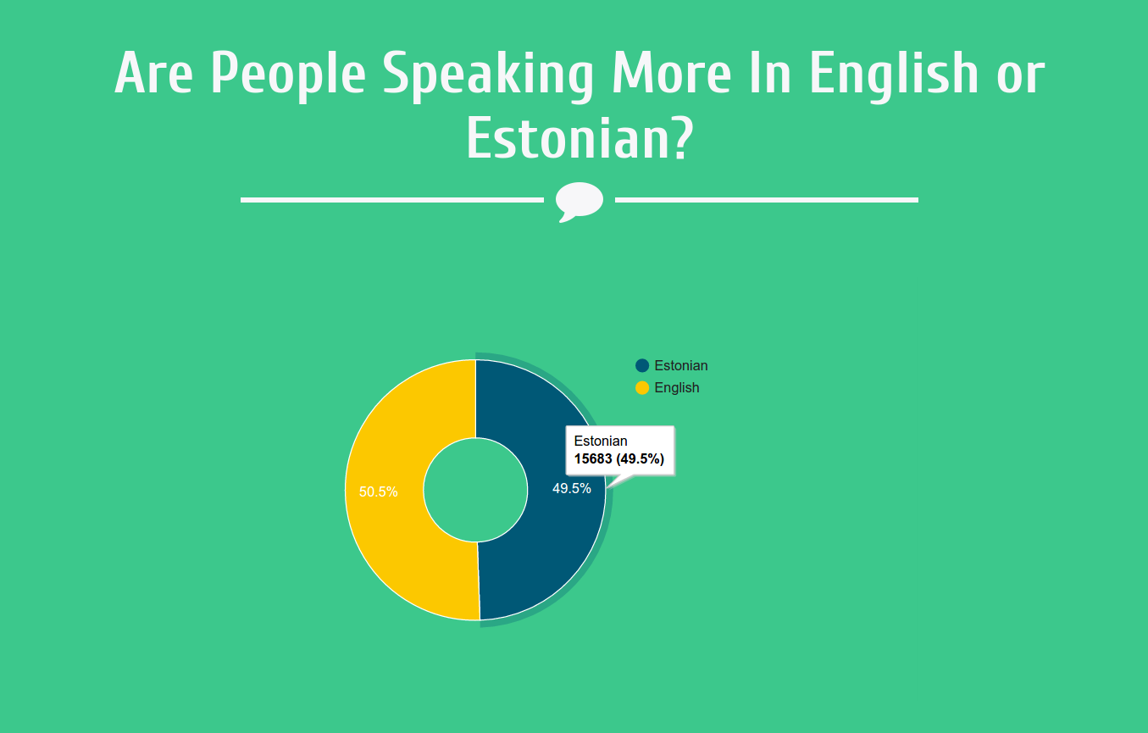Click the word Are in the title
(153, 73)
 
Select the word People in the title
(288, 76)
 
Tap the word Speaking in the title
(488, 76)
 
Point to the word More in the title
(671, 73)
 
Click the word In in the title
(770, 73)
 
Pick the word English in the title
(894, 76)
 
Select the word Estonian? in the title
(580, 137)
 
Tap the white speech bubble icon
(580, 201)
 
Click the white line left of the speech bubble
(392, 200)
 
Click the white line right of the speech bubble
(766, 200)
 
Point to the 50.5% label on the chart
(378, 491)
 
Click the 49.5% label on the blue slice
(571, 488)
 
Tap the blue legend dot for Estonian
(642, 365)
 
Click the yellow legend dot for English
(642, 387)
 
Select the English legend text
(676, 387)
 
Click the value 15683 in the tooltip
(593, 458)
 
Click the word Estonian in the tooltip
(601, 441)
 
